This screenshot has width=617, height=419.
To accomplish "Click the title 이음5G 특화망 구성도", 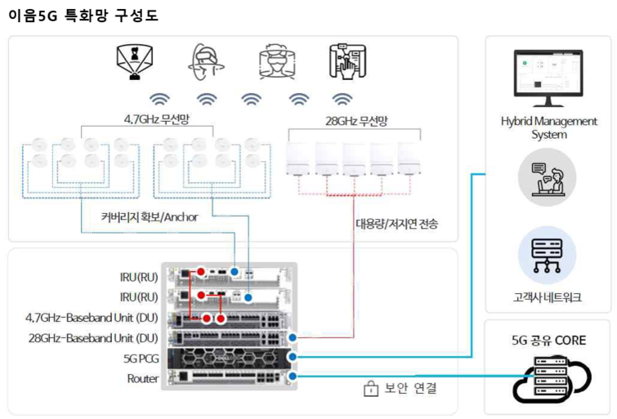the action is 83,16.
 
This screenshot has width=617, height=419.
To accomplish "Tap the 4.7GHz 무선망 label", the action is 157,118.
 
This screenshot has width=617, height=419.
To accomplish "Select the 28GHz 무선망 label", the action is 356,121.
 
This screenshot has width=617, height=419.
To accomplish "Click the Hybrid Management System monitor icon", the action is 548,78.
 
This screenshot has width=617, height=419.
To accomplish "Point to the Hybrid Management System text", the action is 549,128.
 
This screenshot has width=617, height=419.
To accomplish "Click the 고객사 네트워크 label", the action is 547,297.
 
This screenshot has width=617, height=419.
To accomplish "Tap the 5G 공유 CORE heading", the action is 548,341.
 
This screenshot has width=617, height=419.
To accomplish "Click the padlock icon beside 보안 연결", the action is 371,388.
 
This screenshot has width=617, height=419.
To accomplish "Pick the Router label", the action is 143,378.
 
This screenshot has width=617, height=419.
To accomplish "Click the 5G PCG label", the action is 141,359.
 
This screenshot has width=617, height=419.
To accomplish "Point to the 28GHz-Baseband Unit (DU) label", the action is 93,338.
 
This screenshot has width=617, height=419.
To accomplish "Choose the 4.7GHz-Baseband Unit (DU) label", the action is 92,318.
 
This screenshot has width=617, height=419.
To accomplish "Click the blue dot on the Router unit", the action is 293,376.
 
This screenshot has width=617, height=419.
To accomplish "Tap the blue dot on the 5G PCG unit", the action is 293,357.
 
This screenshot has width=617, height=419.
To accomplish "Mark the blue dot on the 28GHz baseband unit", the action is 293,337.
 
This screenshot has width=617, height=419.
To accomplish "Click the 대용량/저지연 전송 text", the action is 396,224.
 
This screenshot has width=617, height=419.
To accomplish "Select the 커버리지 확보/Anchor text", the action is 150,216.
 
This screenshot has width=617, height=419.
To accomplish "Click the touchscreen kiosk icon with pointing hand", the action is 348,61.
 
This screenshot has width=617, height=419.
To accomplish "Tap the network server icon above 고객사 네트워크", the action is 547,256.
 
